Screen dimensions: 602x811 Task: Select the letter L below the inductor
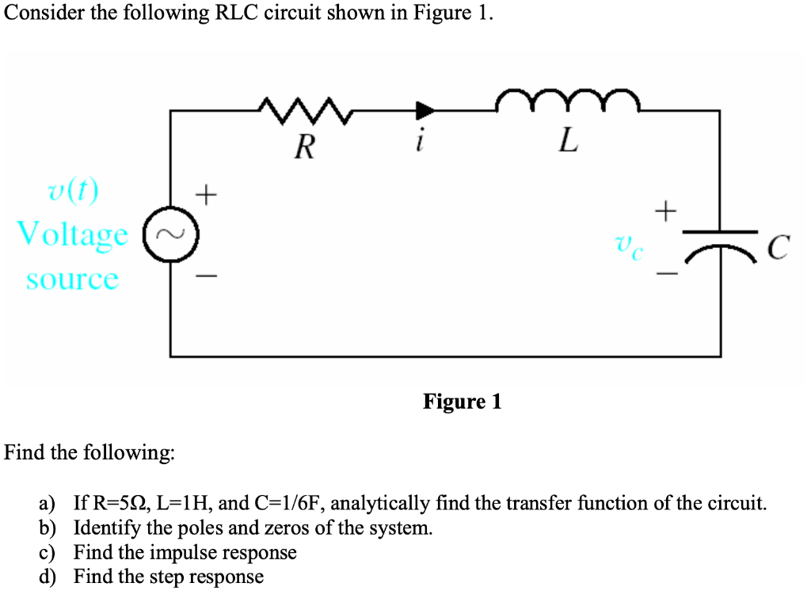click(x=567, y=143)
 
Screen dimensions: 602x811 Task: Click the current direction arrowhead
click(x=426, y=111)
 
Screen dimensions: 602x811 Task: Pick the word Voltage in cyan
click(x=72, y=235)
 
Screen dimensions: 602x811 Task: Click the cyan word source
click(x=72, y=279)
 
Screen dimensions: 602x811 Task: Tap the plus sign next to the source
click(x=206, y=192)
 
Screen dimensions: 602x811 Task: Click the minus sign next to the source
click(x=206, y=276)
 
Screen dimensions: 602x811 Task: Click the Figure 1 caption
click(x=462, y=402)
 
